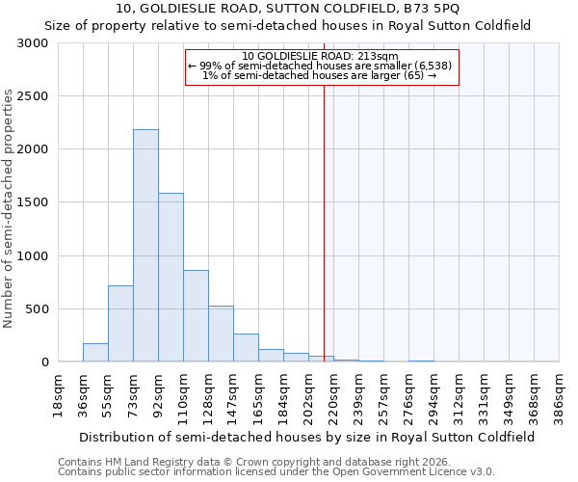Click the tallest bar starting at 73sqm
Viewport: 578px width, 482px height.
pos(145,246)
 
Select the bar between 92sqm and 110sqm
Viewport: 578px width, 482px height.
pos(171,278)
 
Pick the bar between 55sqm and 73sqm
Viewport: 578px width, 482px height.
pos(120,324)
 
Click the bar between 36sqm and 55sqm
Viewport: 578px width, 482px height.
pos(95,353)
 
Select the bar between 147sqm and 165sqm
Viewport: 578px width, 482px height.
pos(246,348)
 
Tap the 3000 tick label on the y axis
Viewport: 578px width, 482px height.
pos(32,43)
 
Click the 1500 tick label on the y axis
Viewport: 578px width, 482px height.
pos(32,202)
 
